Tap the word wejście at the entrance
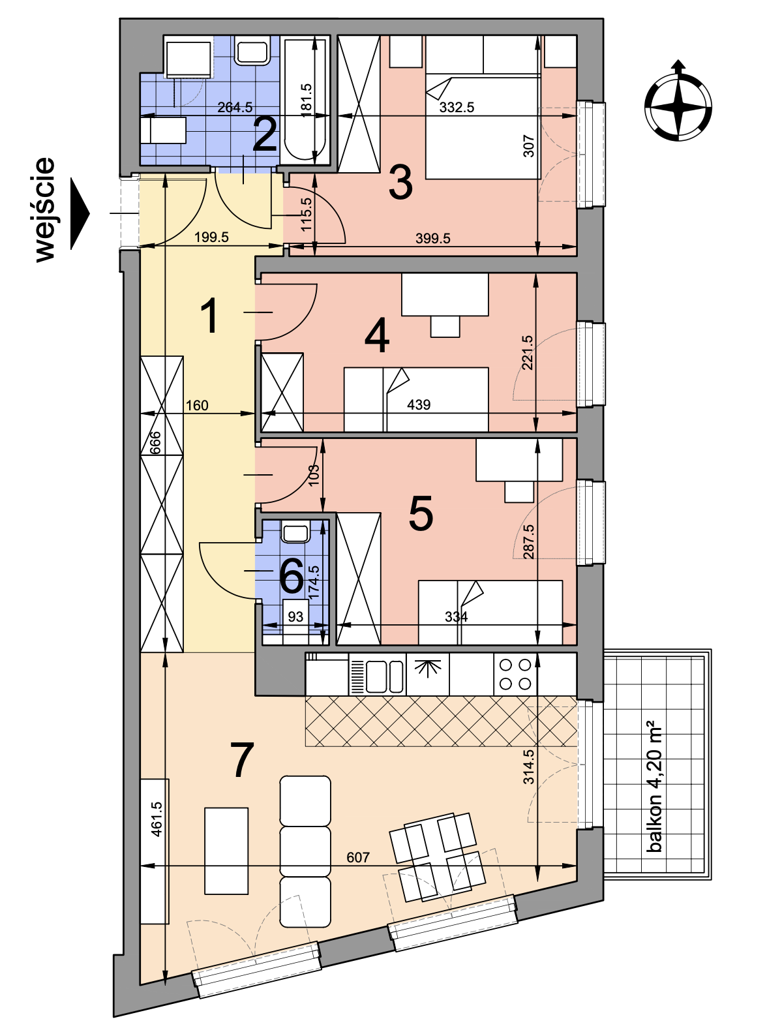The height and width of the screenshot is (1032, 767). coord(45,210)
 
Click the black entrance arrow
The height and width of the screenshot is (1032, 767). coord(80,213)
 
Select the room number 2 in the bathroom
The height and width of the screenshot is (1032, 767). coord(264,135)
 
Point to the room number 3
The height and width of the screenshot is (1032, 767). coord(400,183)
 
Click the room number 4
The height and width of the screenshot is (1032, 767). coord(377,335)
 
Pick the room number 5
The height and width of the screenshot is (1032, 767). coord(421,513)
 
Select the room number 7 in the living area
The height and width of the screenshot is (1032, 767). coord(242,760)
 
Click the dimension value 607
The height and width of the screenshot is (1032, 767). coord(358,857)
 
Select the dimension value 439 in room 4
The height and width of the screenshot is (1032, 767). coord(419,404)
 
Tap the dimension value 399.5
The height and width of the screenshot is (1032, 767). coord(433,238)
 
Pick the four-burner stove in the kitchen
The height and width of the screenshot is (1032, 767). coord(515,675)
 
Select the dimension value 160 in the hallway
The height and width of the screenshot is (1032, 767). coord(197,405)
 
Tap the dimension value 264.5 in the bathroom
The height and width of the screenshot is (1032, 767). coord(235,107)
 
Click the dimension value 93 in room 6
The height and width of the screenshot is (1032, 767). coord(295,616)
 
